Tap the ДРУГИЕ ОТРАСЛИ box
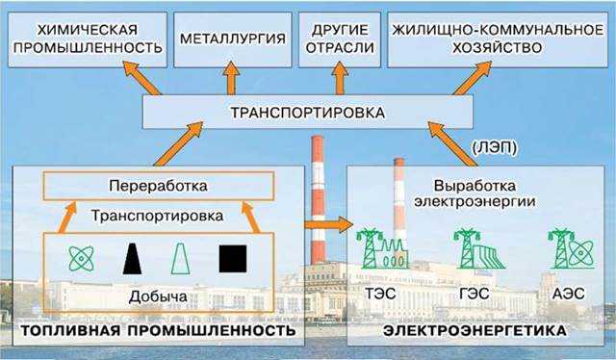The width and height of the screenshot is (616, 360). coord(338,39)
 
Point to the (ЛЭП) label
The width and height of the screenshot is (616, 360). coord(496,148)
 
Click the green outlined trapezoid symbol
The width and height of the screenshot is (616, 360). coord(180,258)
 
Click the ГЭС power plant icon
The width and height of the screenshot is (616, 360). coord(475,249)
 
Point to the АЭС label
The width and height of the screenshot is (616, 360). coord(565,289)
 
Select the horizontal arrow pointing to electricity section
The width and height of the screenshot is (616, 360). coord(326,223)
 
